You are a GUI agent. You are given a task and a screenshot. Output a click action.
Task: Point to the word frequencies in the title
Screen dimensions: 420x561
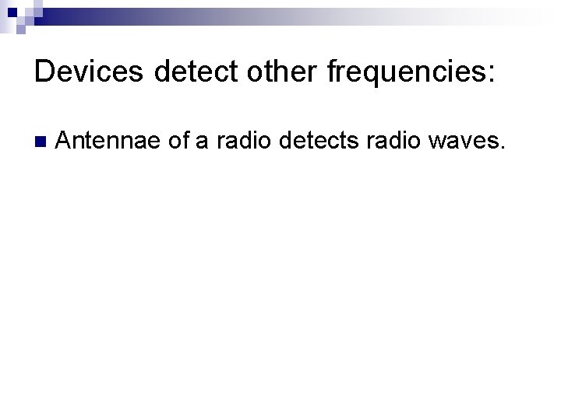[x=404, y=73]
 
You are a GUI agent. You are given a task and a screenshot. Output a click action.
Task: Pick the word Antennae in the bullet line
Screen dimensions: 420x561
[x=108, y=142]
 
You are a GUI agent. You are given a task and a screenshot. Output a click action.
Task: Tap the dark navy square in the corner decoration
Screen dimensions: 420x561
[x=12, y=12]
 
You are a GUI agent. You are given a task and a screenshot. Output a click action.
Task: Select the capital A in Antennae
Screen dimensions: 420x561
[x=65, y=142]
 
